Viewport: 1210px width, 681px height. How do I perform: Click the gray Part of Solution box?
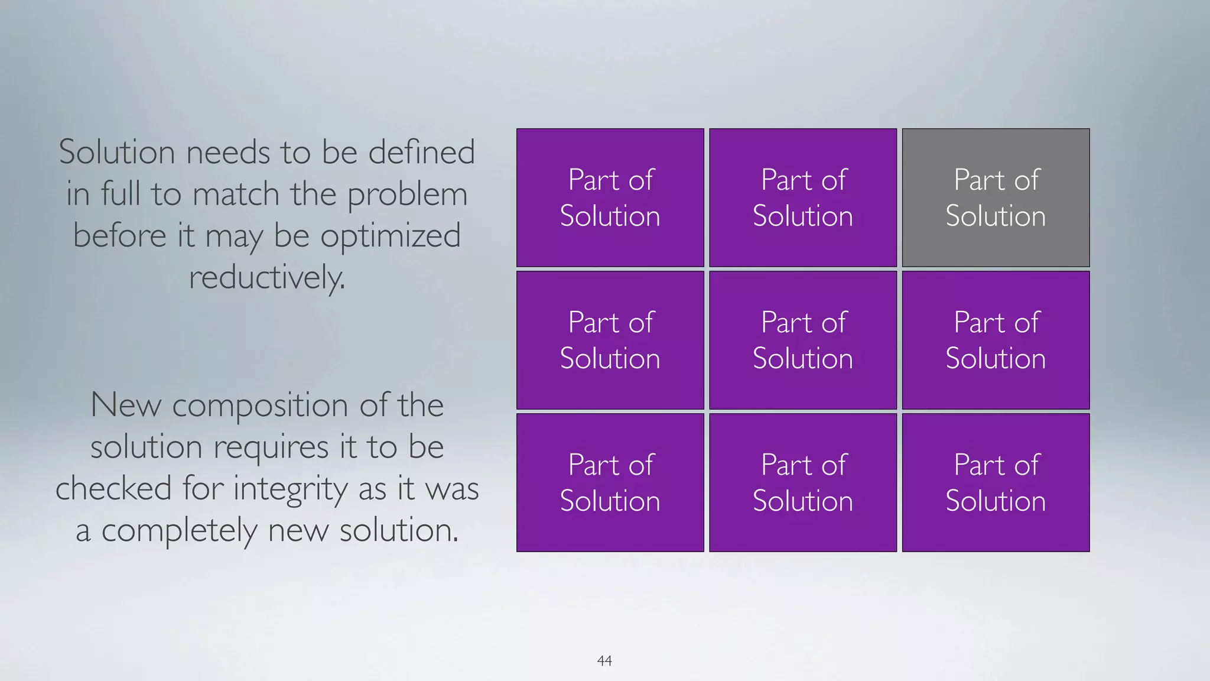(x=996, y=197)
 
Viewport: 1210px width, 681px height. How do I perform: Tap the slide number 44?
(x=604, y=660)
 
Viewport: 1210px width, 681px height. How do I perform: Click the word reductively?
(x=266, y=277)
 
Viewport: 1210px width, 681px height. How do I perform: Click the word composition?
(x=260, y=406)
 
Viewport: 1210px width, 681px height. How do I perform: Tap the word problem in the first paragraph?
(x=407, y=194)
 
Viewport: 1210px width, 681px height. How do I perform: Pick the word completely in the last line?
(x=179, y=530)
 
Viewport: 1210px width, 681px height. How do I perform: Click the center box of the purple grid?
(x=803, y=340)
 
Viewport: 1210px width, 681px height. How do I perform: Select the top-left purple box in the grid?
(x=610, y=197)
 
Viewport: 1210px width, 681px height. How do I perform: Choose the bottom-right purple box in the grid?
(x=996, y=482)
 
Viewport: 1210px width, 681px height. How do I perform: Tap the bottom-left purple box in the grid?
(x=610, y=482)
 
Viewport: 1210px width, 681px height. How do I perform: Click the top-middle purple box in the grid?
(x=803, y=197)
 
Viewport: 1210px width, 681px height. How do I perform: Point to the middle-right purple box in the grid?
(x=996, y=340)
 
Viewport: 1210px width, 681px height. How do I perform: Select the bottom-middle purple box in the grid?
(x=803, y=482)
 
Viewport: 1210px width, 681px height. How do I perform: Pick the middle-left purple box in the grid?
(x=610, y=340)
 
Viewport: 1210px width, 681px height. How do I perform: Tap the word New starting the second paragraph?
(x=126, y=406)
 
